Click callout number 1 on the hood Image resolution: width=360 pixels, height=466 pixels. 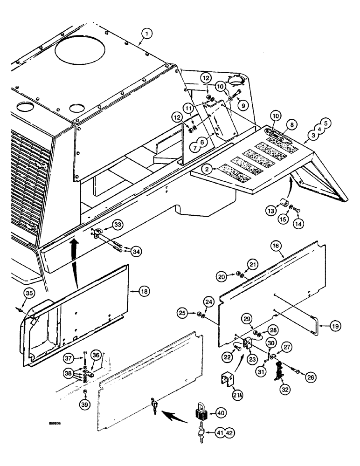pyautogui.click(x=147, y=33)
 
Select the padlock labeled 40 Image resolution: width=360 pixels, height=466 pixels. pyautogui.click(x=202, y=412)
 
